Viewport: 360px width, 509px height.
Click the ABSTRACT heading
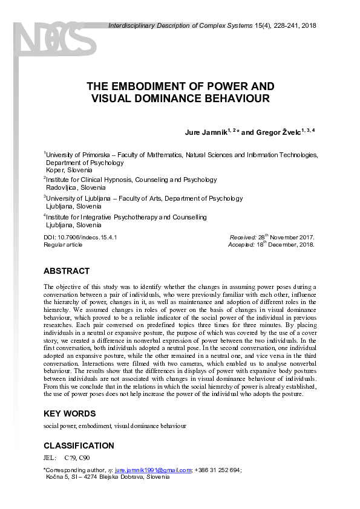67,271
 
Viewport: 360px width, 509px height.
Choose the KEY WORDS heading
70,413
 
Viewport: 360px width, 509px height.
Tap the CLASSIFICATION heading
79,446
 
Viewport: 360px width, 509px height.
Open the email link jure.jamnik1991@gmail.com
154,469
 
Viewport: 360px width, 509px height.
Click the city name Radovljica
62,187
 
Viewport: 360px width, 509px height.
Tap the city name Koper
55,170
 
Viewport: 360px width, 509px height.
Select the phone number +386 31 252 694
218,469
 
